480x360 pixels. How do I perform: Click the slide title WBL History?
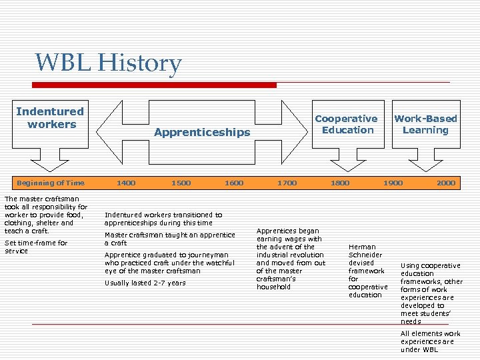pyautogui.click(x=108, y=63)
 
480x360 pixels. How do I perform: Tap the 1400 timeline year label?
pyautogui.click(x=126, y=183)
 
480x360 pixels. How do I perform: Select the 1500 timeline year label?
pyautogui.click(x=181, y=183)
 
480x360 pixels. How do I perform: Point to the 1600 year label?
pyautogui.click(x=234, y=183)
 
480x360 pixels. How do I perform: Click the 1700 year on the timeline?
pyautogui.click(x=287, y=183)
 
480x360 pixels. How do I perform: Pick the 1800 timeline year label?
pyautogui.click(x=340, y=183)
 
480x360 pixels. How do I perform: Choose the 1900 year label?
pyautogui.click(x=393, y=183)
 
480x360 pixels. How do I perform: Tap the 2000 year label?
pyautogui.click(x=446, y=183)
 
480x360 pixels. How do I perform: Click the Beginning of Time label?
pyautogui.click(x=51, y=183)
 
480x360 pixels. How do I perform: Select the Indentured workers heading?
pyautogui.click(x=50, y=118)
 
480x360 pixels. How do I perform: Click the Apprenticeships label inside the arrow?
pyautogui.click(x=202, y=132)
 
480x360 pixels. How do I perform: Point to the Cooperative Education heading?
pyautogui.click(x=346, y=124)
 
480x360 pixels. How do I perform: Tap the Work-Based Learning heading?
pyautogui.click(x=425, y=124)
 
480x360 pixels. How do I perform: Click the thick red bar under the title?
pyautogui.click(x=155, y=85)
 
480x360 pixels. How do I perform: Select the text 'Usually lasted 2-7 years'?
pyautogui.click(x=145, y=283)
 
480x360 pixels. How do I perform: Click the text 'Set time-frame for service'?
pyautogui.click(x=36, y=247)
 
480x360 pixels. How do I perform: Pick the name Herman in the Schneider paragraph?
pyautogui.click(x=362, y=247)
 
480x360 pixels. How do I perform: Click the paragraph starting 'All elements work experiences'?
pyautogui.click(x=430, y=341)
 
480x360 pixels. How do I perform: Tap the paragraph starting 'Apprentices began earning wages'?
pyautogui.click(x=291, y=259)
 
